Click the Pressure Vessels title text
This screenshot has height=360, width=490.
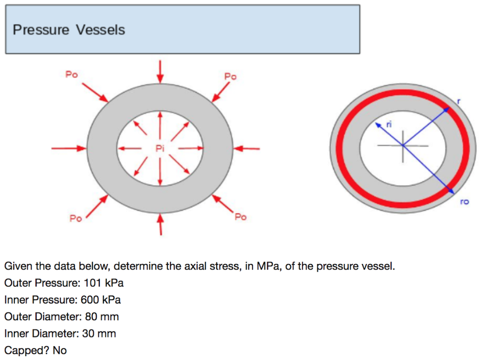click(x=68, y=30)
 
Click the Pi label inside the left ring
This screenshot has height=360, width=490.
click(x=160, y=148)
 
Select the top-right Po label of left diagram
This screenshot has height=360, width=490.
click(x=230, y=76)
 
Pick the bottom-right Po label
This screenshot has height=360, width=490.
click(x=240, y=218)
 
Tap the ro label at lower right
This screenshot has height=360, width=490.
click(x=464, y=202)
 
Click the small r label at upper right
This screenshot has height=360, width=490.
click(x=458, y=101)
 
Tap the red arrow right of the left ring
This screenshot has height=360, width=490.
click(x=246, y=148)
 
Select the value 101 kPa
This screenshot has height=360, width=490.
click(x=104, y=283)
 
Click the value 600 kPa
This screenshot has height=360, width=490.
click(x=101, y=300)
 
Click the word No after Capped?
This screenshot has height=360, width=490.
click(x=60, y=350)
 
